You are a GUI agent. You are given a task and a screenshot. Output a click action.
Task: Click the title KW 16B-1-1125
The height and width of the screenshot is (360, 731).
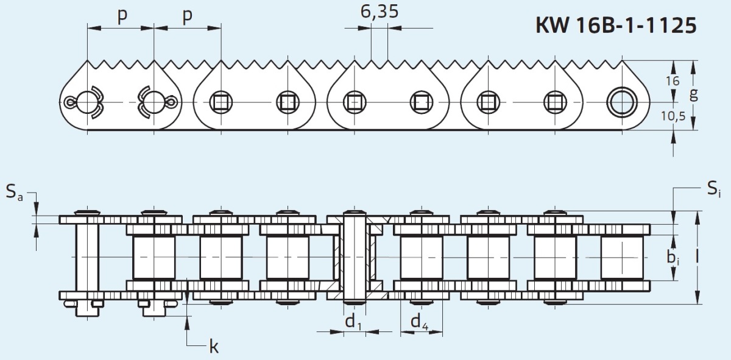click(616, 25)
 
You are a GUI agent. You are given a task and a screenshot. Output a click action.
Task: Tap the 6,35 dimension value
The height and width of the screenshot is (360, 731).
click(379, 12)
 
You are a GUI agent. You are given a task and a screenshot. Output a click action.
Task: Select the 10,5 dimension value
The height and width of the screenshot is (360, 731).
click(673, 116)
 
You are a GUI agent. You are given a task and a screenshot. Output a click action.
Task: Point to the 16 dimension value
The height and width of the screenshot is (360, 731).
click(673, 81)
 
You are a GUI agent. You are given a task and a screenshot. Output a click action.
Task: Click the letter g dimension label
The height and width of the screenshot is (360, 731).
click(694, 95)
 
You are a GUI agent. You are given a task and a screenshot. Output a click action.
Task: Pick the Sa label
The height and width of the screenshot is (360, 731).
click(15, 192)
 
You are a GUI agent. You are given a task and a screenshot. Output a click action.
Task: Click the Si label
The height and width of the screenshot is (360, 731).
click(714, 189)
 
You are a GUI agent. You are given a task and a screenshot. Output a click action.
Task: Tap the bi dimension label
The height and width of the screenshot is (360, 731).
click(673, 258)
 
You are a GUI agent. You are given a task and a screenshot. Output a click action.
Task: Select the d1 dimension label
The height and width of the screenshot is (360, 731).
click(353, 322)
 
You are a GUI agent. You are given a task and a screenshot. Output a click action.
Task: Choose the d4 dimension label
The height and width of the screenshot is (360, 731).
click(419, 322)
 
